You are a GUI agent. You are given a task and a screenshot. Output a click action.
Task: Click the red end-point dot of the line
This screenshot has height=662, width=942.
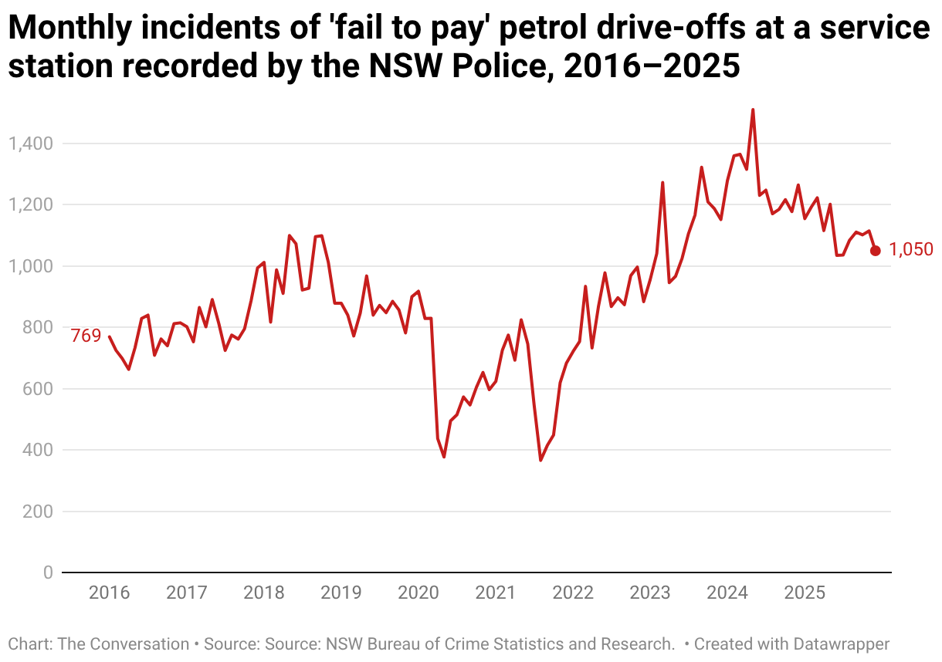(x=876, y=250)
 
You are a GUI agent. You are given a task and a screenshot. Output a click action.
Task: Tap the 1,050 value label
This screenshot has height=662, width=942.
(x=911, y=249)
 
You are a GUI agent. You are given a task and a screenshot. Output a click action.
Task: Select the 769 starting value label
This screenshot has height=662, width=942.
(x=86, y=336)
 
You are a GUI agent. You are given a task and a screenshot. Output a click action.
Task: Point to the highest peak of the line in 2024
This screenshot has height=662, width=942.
(x=753, y=110)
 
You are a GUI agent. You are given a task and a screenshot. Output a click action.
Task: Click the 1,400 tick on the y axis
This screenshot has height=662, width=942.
(x=29, y=144)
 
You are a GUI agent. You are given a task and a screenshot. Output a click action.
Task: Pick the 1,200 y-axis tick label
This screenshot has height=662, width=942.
(x=29, y=204)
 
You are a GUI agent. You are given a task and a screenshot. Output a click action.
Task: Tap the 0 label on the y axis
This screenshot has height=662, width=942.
(x=48, y=572)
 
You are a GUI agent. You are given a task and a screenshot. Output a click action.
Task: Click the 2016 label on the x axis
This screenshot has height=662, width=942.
(x=109, y=593)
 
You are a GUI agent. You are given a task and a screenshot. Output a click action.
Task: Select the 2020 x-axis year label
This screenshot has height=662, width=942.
(x=418, y=593)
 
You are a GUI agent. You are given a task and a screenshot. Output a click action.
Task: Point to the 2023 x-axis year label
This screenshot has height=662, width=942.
(x=650, y=593)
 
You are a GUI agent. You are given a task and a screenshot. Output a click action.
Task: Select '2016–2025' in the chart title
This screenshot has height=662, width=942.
(x=652, y=66)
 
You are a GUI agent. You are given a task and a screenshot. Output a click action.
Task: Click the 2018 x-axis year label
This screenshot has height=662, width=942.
(x=263, y=593)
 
